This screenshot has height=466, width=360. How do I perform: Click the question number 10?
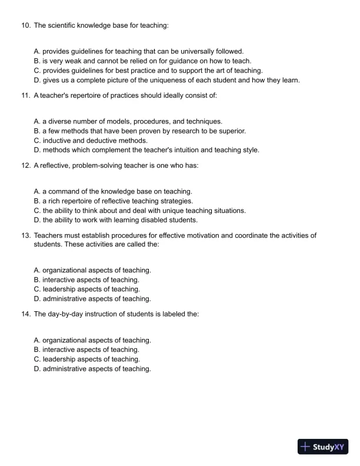(25, 26)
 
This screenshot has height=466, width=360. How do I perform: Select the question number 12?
(25, 166)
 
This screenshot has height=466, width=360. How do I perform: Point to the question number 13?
(25, 235)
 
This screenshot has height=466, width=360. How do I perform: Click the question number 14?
(25, 314)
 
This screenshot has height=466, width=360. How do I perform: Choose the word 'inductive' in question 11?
(58, 140)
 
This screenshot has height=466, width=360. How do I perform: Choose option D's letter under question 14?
(37, 369)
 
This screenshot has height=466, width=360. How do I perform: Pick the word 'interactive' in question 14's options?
(60, 349)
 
